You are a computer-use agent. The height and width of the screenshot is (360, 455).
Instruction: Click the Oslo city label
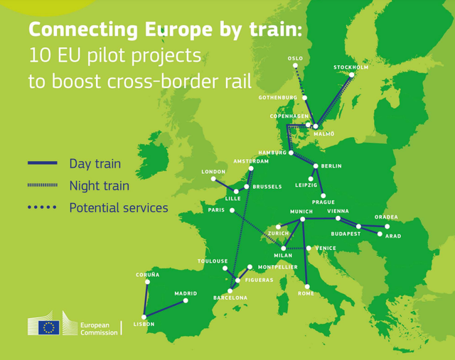pyautogui.click(x=294, y=58)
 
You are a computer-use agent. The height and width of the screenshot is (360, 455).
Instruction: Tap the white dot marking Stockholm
pyautogui.click(x=351, y=75)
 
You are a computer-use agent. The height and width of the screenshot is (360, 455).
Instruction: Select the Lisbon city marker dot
pyautogui.click(x=144, y=317)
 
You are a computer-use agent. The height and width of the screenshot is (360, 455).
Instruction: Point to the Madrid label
pyautogui.click(x=186, y=293)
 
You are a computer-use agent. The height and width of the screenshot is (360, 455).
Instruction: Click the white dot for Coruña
pyautogui.click(x=147, y=282)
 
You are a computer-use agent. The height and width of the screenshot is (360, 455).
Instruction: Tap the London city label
pyautogui.click(x=213, y=172)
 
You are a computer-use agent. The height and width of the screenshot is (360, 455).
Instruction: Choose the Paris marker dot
pyautogui.click(x=232, y=210)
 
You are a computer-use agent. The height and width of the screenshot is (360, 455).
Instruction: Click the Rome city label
pyautogui.click(x=306, y=293)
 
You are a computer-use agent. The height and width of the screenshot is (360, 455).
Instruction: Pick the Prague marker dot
pyautogui.click(x=323, y=195)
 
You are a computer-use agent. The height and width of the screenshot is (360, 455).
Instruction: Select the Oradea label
pyautogui.click(x=386, y=217)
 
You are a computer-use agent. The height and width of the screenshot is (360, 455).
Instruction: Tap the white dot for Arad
pyautogui.click(x=380, y=234)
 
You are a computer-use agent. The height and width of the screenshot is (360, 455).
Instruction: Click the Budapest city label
pyautogui.click(x=346, y=234)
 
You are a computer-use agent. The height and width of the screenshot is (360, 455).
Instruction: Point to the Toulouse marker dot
pyautogui.click(x=225, y=268)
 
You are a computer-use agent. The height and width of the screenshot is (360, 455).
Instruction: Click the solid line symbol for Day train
pyautogui.click(x=42, y=164)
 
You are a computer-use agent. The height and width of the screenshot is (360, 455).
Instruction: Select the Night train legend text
pyautogui.click(x=100, y=186)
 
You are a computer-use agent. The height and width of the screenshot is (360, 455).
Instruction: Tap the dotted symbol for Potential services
pyautogui.click(x=42, y=208)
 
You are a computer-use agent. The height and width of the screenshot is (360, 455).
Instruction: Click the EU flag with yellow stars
pyautogui.click(x=49, y=327)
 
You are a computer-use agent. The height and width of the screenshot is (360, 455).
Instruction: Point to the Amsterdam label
pyautogui.click(x=251, y=161)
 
